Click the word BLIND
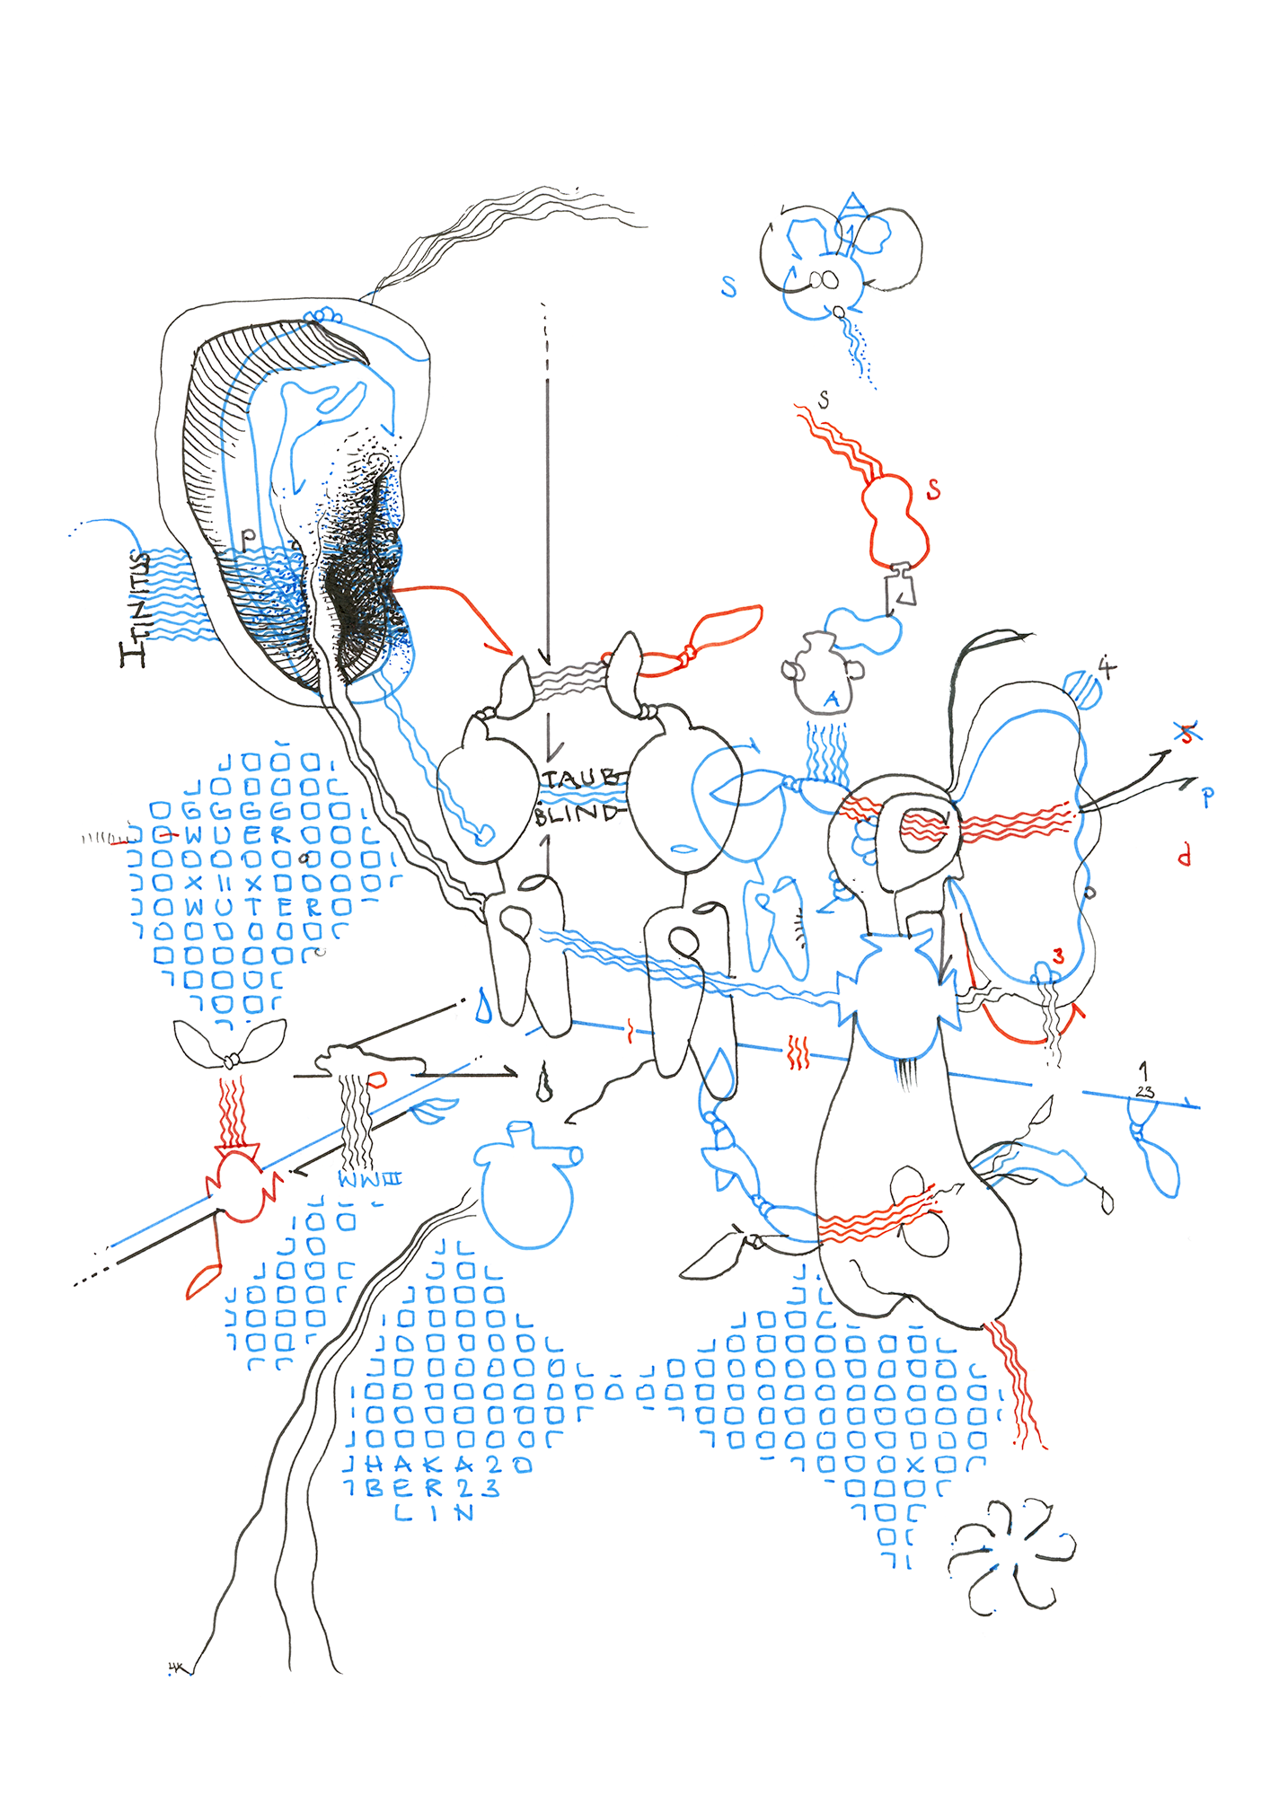(577, 814)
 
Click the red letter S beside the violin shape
(934, 489)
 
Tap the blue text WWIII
(369, 1179)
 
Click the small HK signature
(177, 1668)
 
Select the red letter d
(1185, 855)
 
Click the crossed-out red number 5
(1187, 734)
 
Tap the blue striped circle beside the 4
(1083, 689)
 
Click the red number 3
(1059, 956)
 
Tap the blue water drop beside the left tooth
(484, 1007)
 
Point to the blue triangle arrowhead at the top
(853, 206)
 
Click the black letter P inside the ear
(248, 537)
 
